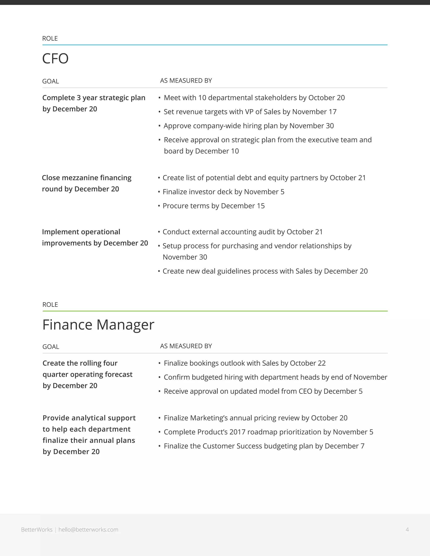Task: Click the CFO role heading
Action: [x=55, y=59]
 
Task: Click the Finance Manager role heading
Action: [x=98, y=325]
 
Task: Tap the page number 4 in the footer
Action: [x=407, y=530]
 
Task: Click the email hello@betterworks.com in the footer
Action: [x=88, y=530]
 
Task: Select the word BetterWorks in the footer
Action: [x=37, y=530]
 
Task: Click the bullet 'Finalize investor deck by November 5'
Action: [x=223, y=192]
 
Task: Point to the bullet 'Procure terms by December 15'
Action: [x=214, y=206]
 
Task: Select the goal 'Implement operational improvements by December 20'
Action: [x=95, y=238]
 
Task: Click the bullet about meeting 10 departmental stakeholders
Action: [x=254, y=98]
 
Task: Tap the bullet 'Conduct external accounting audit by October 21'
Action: [x=243, y=232]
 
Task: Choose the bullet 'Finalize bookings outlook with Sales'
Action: [x=245, y=363]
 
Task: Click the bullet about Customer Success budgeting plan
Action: [x=264, y=446]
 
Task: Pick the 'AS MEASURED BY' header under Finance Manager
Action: [x=186, y=346]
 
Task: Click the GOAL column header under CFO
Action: [x=50, y=81]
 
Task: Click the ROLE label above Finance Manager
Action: [x=50, y=305]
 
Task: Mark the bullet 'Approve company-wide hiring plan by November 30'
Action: [x=249, y=126]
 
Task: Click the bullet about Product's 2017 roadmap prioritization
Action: [x=268, y=432]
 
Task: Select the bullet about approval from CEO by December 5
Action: [x=263, y=391]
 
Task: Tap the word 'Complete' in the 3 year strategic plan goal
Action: [x=58, y=98]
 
